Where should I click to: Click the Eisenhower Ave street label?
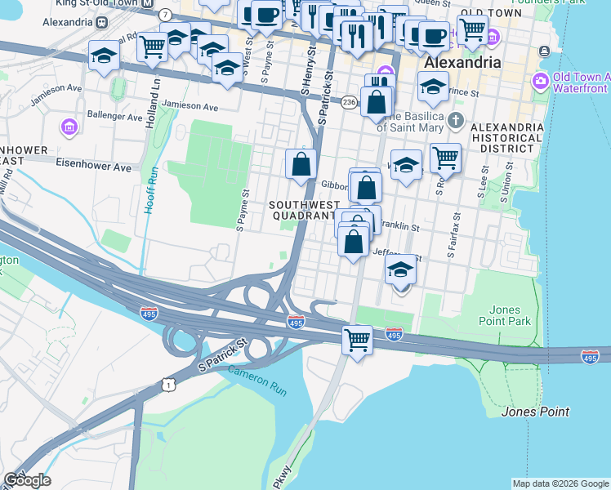tap(94, 167)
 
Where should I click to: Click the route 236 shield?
tap(349, 101)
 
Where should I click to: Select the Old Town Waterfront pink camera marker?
tap(540, 81)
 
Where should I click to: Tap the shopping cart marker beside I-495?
tap(357, 339)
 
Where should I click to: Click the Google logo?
tap(27, 480)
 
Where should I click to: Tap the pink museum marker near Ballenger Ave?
tap(69, 127)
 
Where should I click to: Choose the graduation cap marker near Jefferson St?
tap(400, 269)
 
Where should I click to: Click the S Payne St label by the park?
tap(243, 212)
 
